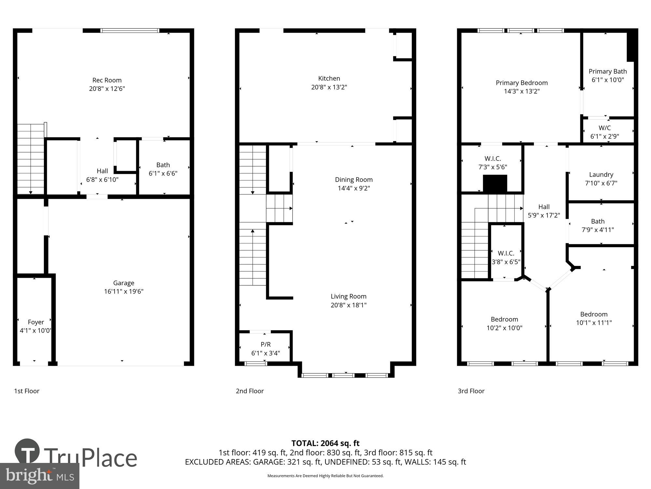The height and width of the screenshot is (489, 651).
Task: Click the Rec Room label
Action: click(107, 80)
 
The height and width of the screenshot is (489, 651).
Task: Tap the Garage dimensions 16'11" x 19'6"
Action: click(124, 291)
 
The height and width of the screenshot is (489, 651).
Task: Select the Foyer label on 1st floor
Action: click(36, 322)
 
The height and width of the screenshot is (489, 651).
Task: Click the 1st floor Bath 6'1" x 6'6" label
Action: click(163, 169)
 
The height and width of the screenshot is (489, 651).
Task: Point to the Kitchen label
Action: click(329, 79)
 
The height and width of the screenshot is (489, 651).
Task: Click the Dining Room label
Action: click(354, 180)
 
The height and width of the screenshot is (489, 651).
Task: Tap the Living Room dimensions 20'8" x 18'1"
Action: click(349, 305)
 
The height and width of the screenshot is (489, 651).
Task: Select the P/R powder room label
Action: click(266, 345)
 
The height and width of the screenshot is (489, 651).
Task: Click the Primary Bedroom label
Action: click(522, 83)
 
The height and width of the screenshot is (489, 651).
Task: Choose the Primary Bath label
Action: click(608, 71)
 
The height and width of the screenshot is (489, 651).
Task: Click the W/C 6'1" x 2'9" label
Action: click(604, 132)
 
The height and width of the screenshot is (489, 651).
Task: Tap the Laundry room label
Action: click(601, 175)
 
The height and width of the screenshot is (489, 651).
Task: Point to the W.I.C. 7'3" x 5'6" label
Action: click(492, 163)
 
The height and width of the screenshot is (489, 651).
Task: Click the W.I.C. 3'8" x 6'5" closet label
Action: click(506, 257)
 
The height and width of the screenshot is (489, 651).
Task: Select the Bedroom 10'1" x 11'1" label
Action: click(594, 318)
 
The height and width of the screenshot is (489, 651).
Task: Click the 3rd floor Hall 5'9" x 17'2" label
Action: click(544, 211)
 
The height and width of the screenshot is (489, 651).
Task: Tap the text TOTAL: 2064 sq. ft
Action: click(325, 443)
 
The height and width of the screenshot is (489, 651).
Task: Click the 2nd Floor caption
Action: click(250, 391)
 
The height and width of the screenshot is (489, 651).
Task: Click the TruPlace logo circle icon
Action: click(27, 452)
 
